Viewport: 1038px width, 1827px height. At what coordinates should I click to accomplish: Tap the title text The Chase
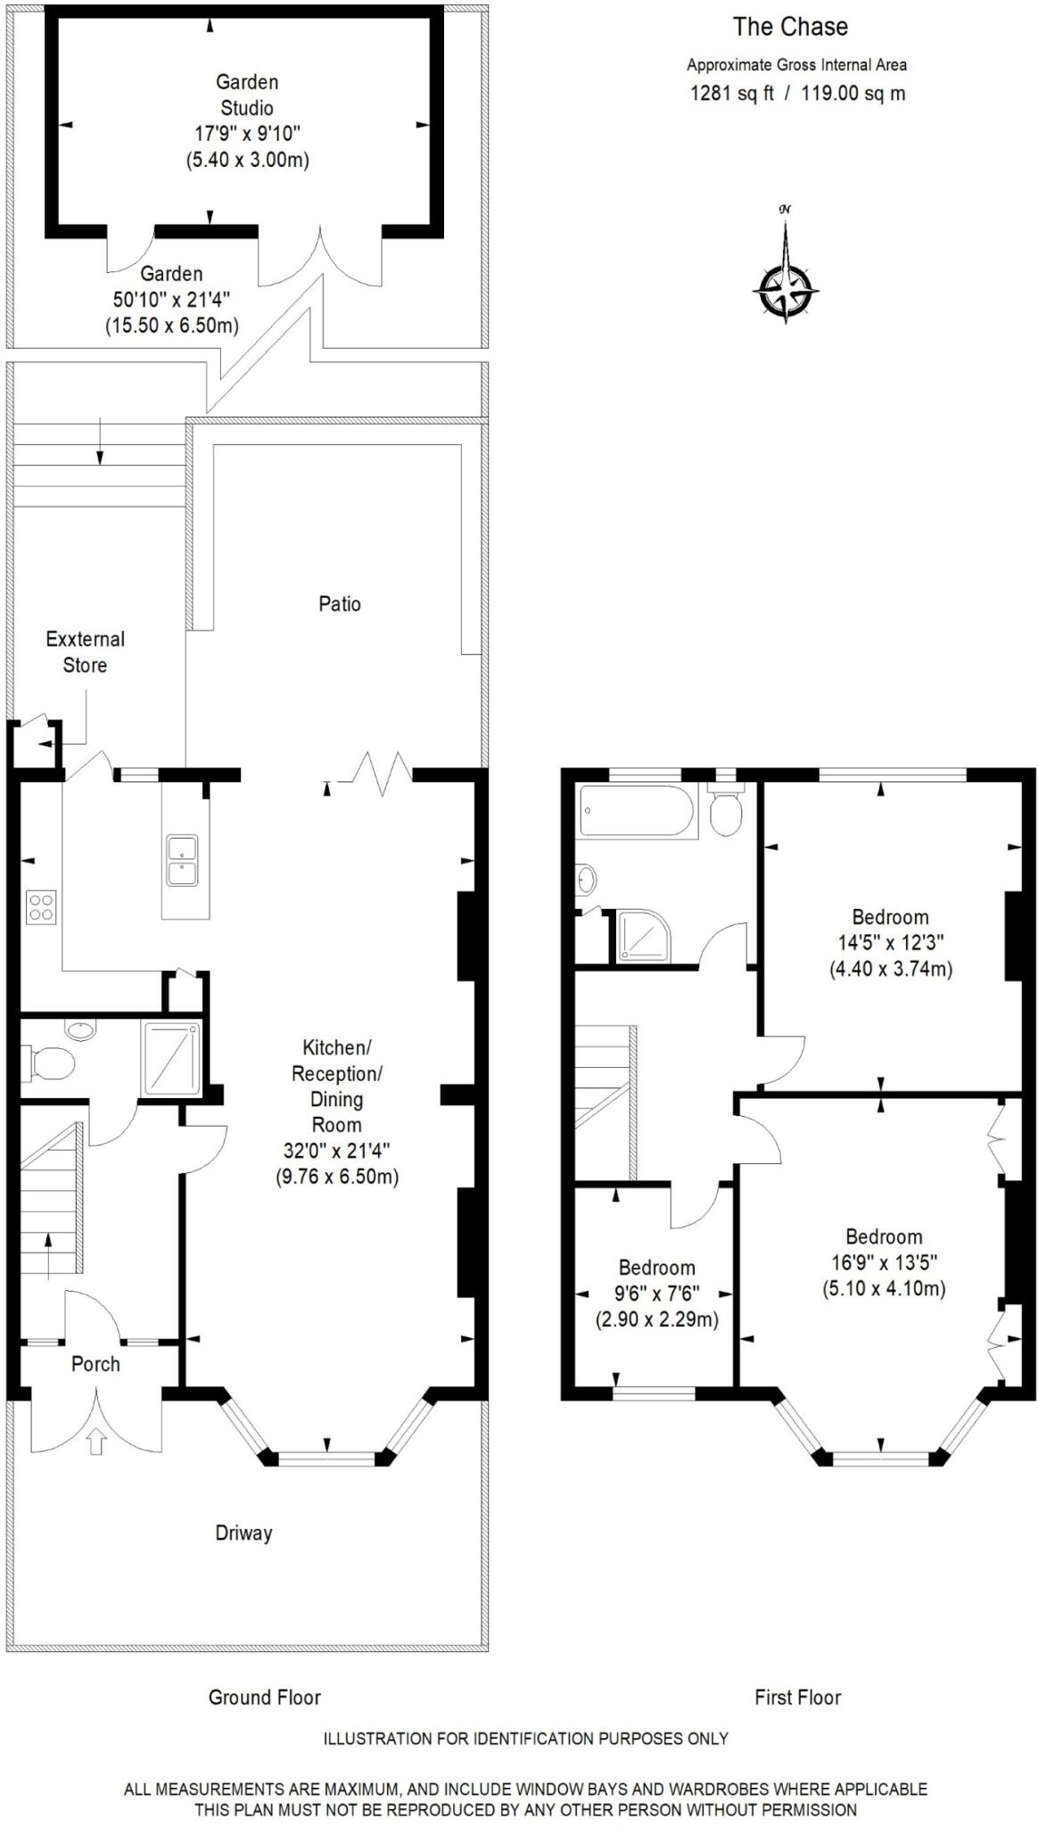tap(790, 27)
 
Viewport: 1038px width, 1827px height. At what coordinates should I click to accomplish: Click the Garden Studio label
tap(247, 95)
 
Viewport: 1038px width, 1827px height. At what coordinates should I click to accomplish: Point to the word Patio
tap(340, 604)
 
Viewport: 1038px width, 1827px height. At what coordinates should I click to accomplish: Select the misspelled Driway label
tap(243, 1533)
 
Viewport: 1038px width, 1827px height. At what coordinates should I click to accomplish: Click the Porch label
tap(95, 1363)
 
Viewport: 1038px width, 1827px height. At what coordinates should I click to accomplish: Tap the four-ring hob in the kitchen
tap(41, 906)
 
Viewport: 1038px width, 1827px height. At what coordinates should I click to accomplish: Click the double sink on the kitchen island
tap(182, 860)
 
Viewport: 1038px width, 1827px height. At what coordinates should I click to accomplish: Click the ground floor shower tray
tap(171, 1057)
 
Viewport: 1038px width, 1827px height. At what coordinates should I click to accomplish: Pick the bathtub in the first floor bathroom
tap(636, 811)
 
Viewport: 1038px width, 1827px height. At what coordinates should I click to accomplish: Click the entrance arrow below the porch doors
tap(97, 1442)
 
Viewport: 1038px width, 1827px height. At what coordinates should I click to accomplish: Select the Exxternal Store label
tap(85, 651)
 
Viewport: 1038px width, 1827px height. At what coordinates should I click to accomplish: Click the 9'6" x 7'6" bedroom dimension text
tap(657, 1293)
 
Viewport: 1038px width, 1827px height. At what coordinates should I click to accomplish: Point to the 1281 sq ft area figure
tap(732, 93)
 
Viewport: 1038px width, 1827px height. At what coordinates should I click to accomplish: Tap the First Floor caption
tap(797, 1697)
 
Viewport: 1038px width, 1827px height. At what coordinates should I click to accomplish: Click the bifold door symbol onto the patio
tap(383, 773)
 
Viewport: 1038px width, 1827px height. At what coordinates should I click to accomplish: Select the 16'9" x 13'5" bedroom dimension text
tap(884, 1261)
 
